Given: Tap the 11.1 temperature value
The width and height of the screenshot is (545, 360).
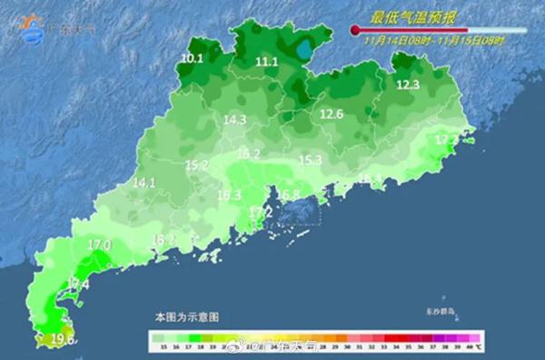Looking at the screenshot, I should tap(267, 62).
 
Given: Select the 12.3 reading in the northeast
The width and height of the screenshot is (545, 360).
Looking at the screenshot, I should tap(408, 85).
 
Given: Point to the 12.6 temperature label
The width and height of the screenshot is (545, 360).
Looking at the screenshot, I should tap(332, 115).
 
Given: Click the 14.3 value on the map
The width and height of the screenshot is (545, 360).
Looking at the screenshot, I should tap(235, 119).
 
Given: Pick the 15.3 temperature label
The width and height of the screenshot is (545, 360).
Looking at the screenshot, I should tap(311, 160).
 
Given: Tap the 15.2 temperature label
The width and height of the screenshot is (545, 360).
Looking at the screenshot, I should tap(197, 165).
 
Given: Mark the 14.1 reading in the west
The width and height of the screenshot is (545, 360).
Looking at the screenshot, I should tap(144, 183).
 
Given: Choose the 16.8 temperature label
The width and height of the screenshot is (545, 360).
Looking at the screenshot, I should tap(289, 195).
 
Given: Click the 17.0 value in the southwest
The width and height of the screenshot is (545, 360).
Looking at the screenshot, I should tap(99, 245).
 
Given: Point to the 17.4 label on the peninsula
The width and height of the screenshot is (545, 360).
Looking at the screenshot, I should tap(79, 285).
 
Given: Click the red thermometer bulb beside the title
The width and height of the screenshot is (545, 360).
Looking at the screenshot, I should tap(354, 30).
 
